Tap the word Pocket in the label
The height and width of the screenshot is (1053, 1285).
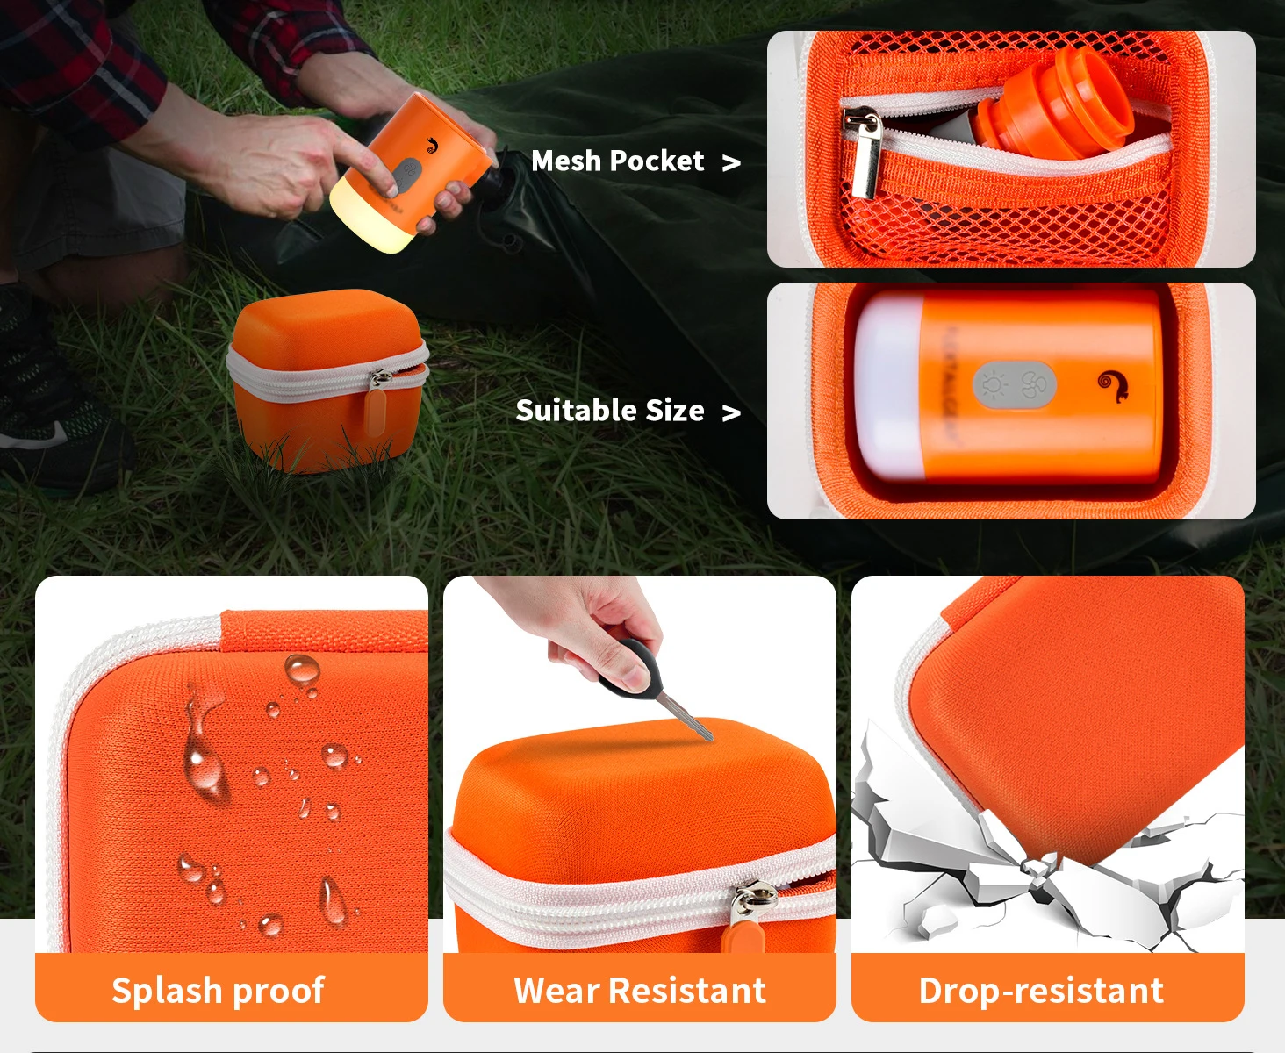[x=657, y=161]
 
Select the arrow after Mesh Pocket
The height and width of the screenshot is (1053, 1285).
[x=731, y=163]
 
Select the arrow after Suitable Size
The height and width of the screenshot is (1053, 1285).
[x=731, y=412]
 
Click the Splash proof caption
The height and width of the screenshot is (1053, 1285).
[x=218, y=991]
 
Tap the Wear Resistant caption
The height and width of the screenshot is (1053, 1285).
[x=640, y=991]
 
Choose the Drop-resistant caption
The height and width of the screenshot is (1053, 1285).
[x=1041, y=991]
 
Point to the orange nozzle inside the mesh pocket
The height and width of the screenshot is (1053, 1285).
[x=1053, y=105]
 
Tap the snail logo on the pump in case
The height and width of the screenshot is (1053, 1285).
[x=1112, y=384]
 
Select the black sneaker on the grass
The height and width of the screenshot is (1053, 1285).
[x=53, y=421]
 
